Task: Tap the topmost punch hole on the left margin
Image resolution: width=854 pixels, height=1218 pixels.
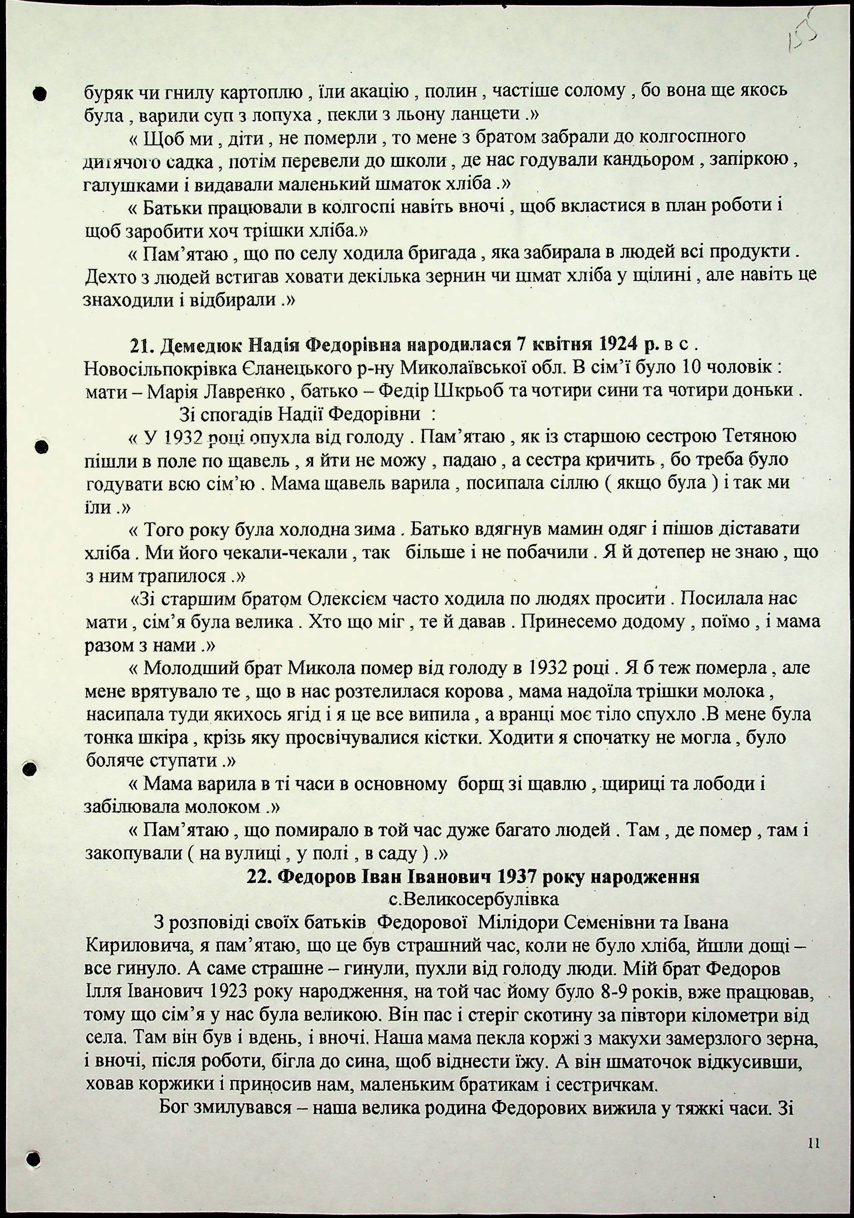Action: (39, 94)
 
